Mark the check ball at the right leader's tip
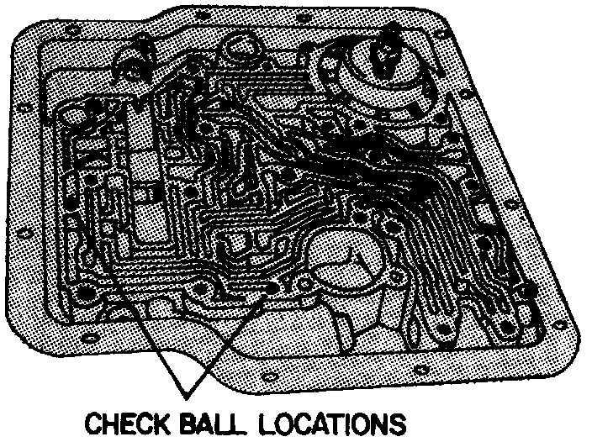pos(271,287)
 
